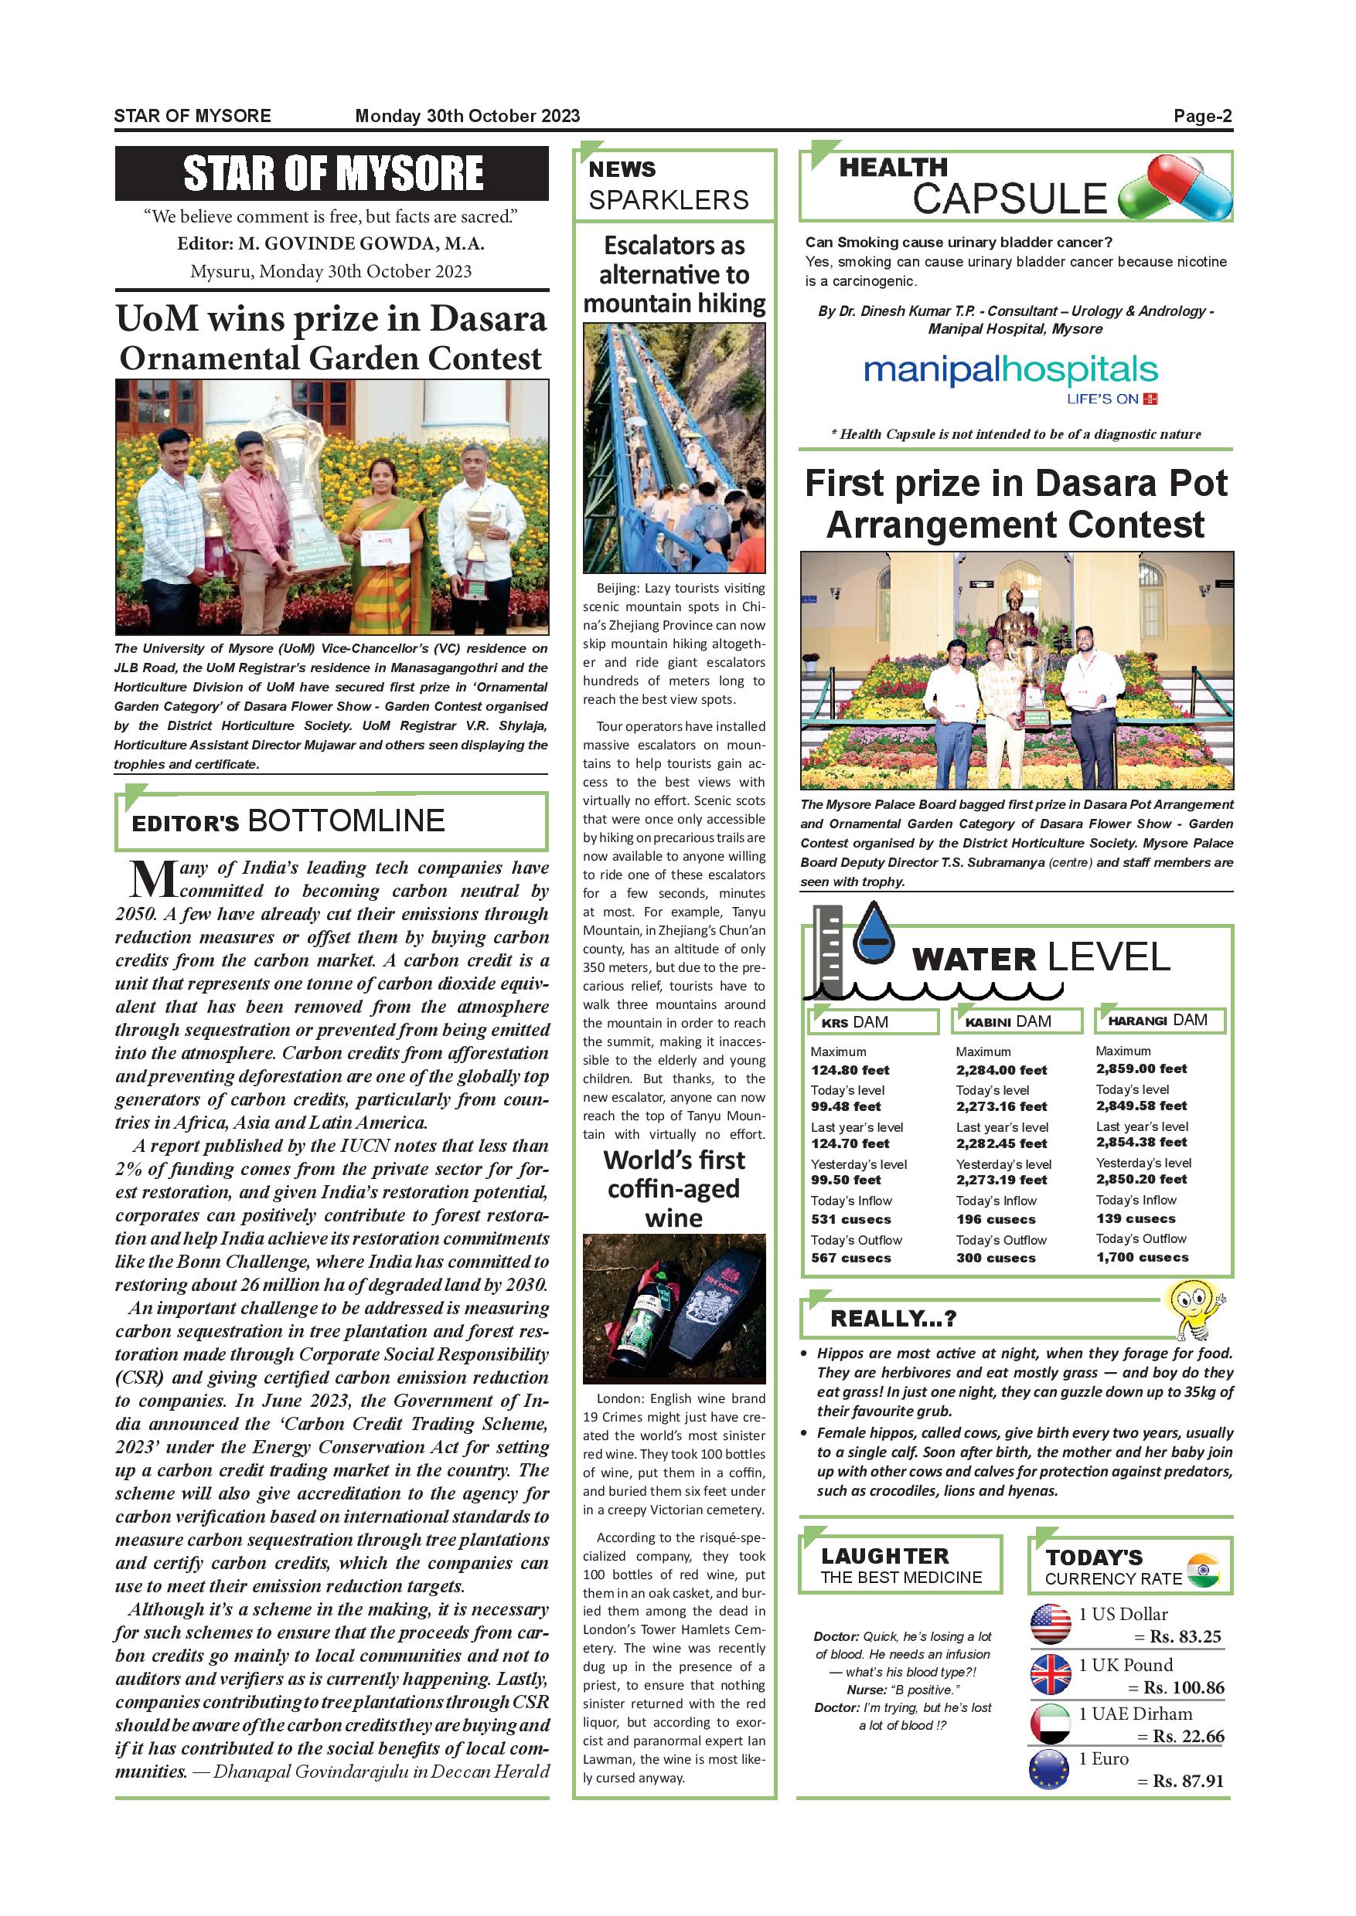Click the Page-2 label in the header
[1201, 116]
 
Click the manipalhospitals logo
[1010, 372]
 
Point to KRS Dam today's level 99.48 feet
[845, 1106]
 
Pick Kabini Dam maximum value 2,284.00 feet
[1001, 1070]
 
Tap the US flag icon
[1051, 1625]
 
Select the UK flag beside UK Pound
[1051, 1674]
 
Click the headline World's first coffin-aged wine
[674, 1188]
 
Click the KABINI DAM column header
[1008, 1021]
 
